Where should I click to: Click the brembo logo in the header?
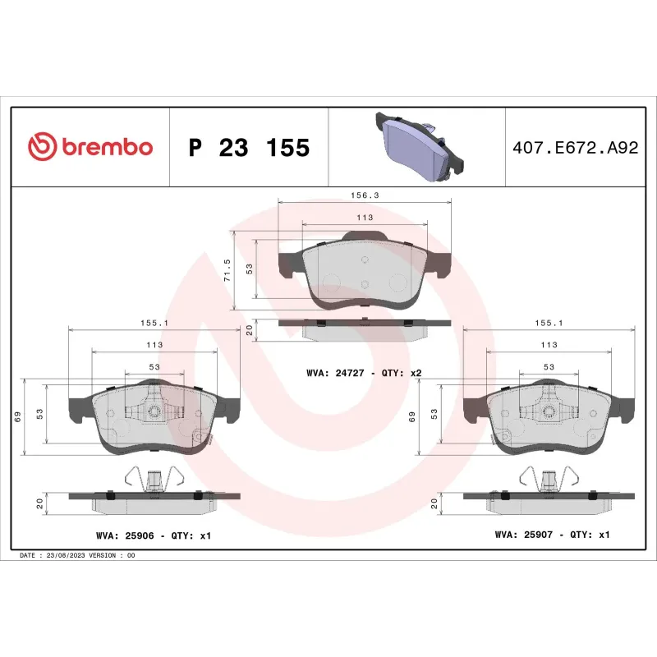[x=90, y=147]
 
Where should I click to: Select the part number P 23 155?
[x=249, y=148]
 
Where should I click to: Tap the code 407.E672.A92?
[x=574, y=149]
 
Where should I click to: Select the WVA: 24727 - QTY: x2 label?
[x=364, y=373]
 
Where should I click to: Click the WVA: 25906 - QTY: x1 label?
[x=154, y=535]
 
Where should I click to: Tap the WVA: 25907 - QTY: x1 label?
[x=552, y=535]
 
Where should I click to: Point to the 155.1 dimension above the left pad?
[x=154, y=324]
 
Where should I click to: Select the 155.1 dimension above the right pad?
[x=549, y=324]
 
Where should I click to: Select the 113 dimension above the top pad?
[x=365, y=218]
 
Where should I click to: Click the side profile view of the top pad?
[x=365, y=327]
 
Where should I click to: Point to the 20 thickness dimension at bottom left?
[x=39, y=503]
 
